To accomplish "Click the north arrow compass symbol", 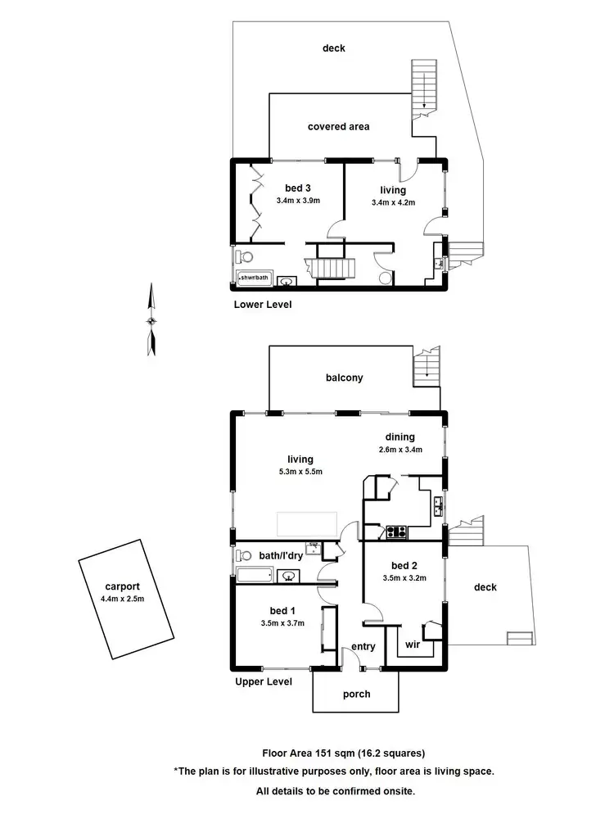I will tap(151, 319).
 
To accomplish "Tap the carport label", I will tap(122, 586).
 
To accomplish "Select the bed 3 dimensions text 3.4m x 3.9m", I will tap(298, 201).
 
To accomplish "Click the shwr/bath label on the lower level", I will tap(254, 278).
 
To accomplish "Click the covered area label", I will tap(338, 126).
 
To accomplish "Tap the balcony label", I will tap(343, 378).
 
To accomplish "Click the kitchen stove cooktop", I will tap(397, 531).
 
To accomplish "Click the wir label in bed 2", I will tap(413, 645).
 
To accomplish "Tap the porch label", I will tap(356, 694).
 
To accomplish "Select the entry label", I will tap(363, 647).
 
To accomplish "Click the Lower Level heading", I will tap(263, 304).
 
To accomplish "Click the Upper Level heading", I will tap(264, 681).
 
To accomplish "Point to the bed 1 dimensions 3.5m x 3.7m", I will tap(278, 622).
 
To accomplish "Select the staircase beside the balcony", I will tap(427, 369).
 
